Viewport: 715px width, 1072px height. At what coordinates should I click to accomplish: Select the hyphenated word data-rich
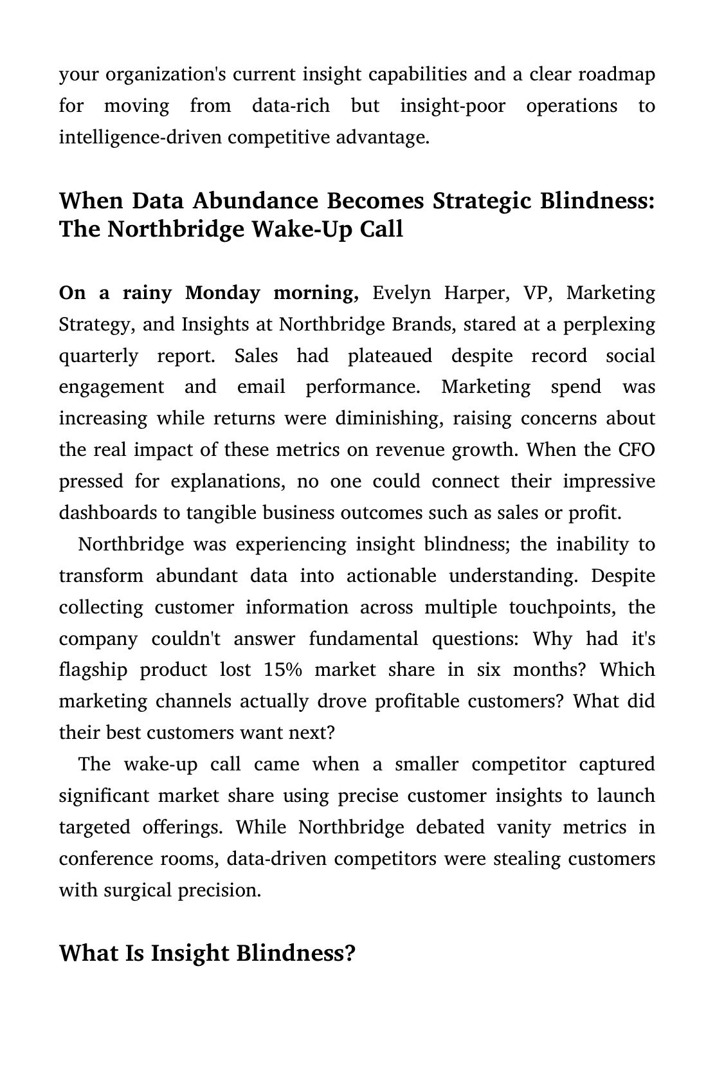(291, 106)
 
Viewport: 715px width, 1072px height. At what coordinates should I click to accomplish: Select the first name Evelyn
(401, 293)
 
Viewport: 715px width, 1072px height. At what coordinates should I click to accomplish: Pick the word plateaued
(390, 356)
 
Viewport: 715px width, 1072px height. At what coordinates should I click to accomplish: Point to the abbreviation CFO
(637, 450)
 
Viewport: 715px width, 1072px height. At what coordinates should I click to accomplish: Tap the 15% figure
(282, 670)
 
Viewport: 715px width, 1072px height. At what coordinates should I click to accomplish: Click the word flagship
(93, 670)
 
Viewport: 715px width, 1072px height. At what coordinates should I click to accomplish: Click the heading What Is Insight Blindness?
(207, 953)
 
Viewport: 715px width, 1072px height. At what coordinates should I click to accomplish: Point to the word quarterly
(98, 356)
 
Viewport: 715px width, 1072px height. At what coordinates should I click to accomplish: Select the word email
(261, 387)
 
